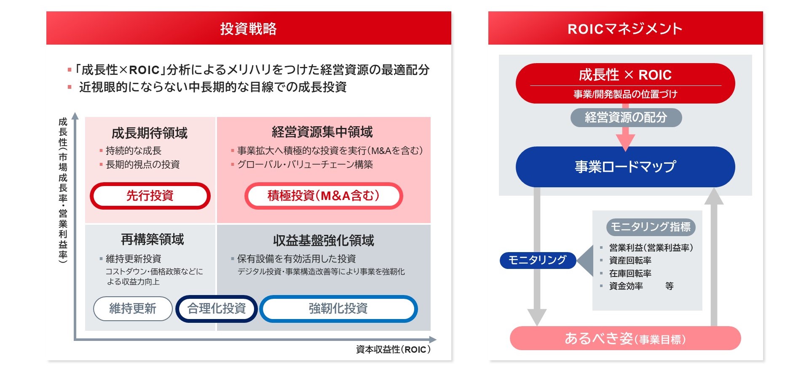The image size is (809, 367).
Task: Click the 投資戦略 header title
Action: [x=248, y=29]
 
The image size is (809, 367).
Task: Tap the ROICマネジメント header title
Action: [x=625, y=29]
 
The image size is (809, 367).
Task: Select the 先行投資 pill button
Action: [x=150, y=196]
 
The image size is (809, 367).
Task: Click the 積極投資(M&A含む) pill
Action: [x=324, y=196]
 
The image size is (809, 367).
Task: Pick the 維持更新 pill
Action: [x=133, y=308]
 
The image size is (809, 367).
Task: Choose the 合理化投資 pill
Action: [x=217, y=308]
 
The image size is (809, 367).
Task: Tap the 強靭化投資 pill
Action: [x=338, y=308]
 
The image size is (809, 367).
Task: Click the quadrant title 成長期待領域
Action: [x=150, y=133]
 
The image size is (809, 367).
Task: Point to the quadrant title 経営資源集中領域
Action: [x=322, y=132]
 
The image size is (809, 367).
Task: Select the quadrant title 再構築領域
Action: [x=153, y=239]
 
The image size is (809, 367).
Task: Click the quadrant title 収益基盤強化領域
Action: [x=324, y=240]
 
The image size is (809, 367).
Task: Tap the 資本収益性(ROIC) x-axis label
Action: [x=394, y=349]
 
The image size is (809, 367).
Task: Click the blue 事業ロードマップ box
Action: [x=625, y=167]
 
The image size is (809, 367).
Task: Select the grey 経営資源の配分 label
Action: [x=626, y=117]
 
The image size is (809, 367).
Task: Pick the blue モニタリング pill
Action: [x=538, y=260]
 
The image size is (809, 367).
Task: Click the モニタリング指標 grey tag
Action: [x=651, y=227]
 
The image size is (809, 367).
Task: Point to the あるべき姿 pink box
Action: [x=625, y=338]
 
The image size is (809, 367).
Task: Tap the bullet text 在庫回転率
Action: [x=630, y=274]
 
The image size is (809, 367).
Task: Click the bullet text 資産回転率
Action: [x=630, y=261]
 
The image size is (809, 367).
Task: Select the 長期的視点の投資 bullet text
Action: [x=143, y=165]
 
